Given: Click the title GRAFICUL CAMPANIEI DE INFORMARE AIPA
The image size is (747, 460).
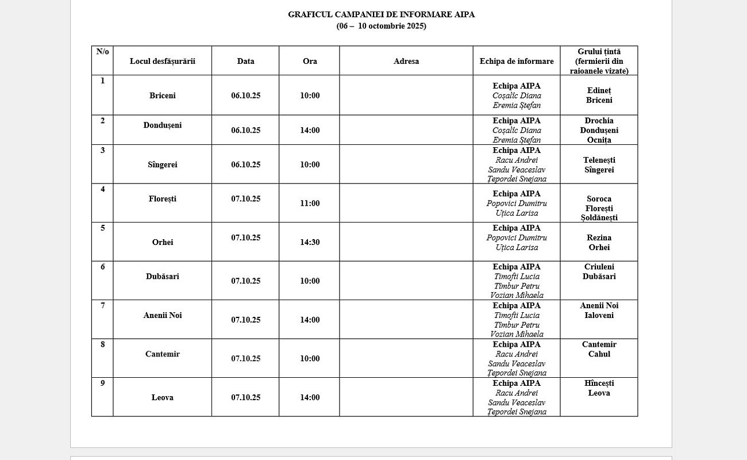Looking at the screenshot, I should (x=381, y=15).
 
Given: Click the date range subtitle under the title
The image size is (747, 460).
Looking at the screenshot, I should (x=381, y=26).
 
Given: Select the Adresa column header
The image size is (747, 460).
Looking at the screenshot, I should (x=406, y=62).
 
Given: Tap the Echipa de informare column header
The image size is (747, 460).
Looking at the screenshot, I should (x=517, y=62).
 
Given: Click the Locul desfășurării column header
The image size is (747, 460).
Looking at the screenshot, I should (x=163, y=62).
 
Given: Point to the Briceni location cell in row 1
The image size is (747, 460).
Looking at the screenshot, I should (x=163, y=96).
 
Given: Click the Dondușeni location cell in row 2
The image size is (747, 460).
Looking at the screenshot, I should (x=163, y=125).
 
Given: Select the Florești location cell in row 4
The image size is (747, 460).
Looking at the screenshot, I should (x=163, y=199).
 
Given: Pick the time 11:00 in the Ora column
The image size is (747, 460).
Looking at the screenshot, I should (x=310, y=204).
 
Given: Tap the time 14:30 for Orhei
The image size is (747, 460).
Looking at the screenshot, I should (x=310, y=243).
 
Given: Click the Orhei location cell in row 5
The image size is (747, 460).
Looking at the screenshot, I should (x=163, y=243).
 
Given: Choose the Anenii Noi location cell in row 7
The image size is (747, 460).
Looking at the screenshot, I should (x=163, y=316).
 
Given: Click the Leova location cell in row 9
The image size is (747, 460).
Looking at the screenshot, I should (x=163, y=398).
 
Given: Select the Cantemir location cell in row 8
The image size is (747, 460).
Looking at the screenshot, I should (x=163, y=354).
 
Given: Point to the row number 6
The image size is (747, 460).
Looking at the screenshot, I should (x=103, y=267).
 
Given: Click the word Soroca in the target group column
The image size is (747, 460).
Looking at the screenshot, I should (x=599, y=199).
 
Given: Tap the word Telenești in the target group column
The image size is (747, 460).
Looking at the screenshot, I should (x=599, y=160).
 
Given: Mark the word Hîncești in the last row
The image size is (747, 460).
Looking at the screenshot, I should (x=599, y=384).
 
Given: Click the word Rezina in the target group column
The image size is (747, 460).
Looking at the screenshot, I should (x=599, y=238).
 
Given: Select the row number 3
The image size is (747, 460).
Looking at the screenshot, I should (x=103, y=151).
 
